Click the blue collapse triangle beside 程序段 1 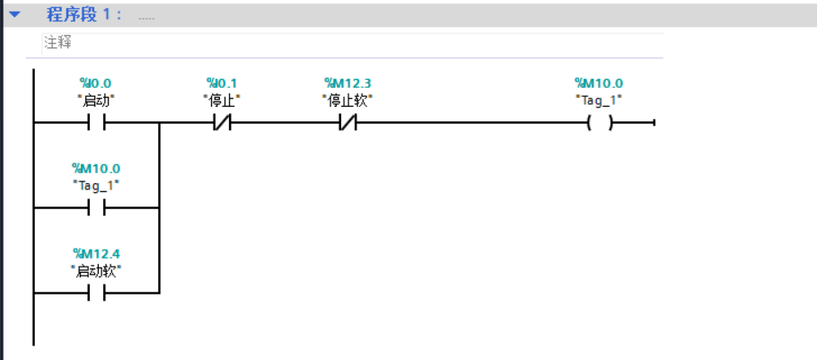point(14,14)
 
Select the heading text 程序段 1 point(83,14)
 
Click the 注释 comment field point(352,43)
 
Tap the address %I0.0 point(95,83)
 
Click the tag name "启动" point(96,101)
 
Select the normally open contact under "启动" point(96,123)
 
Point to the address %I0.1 point(222,83)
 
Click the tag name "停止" point(222,101)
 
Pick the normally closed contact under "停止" point(222,123)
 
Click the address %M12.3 point(347,83)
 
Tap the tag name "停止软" point(347,101)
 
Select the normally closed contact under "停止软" point(347,123)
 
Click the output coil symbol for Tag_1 point(600,124)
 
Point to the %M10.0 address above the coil point(599,83)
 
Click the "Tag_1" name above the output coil point(599,101)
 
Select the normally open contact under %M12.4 point(96,294)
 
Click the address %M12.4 point(96,254)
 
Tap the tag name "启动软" point(96,271)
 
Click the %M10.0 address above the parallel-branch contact point(96,168)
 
